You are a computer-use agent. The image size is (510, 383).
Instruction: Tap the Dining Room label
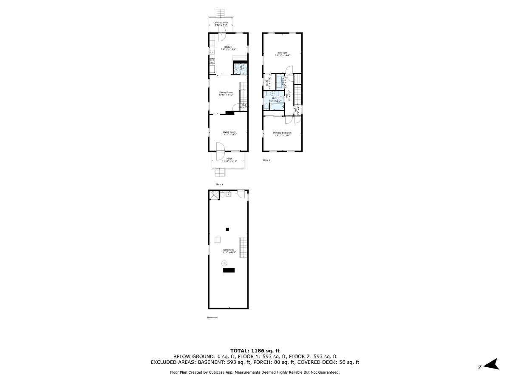pos(226,93)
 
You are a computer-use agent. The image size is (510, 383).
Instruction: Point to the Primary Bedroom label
pos(282,133)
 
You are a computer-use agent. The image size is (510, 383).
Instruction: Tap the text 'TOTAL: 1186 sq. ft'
pos(255,350)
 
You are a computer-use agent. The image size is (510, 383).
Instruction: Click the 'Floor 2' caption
pos(266,160)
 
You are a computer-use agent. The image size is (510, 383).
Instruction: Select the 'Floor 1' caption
pos(219,184)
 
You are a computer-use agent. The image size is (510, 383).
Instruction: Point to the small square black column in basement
pos(227,229)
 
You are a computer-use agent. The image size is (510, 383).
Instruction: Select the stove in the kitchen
pos(211,62)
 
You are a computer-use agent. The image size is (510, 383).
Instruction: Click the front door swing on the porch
pos(221,147)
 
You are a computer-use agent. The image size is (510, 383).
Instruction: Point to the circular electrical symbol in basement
pos(224,263)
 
